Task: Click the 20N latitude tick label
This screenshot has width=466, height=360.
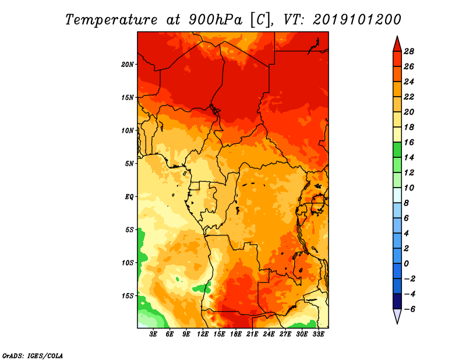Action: pos(128,65)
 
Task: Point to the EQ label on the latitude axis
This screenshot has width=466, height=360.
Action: pos(129,197)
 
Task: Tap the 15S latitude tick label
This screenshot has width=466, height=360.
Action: pos(128,296)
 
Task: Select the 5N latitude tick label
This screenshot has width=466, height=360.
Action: pos(129,164)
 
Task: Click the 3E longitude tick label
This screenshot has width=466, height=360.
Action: pos(153,334)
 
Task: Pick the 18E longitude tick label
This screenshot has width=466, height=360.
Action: pos(236,334)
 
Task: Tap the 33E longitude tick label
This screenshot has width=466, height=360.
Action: pos(318,334)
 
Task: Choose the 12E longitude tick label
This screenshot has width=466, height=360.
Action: pos(203,334)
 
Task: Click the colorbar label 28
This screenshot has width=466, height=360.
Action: pos(409,51)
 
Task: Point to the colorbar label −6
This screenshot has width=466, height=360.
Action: pos(409,309)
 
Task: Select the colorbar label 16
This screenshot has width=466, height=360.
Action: pos(409,142)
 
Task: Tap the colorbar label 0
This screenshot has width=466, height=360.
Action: pos(406,264)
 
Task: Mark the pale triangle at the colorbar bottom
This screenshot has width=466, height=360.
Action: pos(397,316)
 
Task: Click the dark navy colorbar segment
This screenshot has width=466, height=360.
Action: pos(397,301)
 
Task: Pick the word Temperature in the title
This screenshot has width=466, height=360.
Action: pos(111,20)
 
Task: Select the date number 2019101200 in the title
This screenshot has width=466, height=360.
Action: pos(357,20)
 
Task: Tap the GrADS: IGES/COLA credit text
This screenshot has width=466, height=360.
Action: pos(33,356)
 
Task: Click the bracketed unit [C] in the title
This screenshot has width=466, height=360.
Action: pos(260,20)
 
